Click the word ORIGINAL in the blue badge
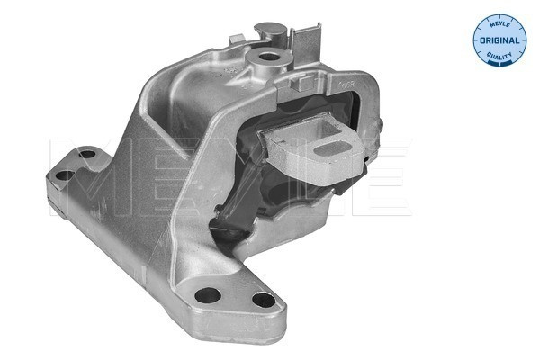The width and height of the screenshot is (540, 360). (499, 40)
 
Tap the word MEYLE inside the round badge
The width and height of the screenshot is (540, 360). (499, 23)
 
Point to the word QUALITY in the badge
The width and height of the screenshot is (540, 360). (499, 56)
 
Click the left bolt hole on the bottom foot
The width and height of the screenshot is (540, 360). (208, 295)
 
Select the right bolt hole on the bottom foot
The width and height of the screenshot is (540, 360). (264, 300)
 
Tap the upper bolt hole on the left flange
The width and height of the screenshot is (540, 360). (86, 154)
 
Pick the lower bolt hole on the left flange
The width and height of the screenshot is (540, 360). (65, 175)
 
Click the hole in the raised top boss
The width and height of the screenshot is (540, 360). (268, 57)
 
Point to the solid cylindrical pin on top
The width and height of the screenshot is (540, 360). (271, 32)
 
